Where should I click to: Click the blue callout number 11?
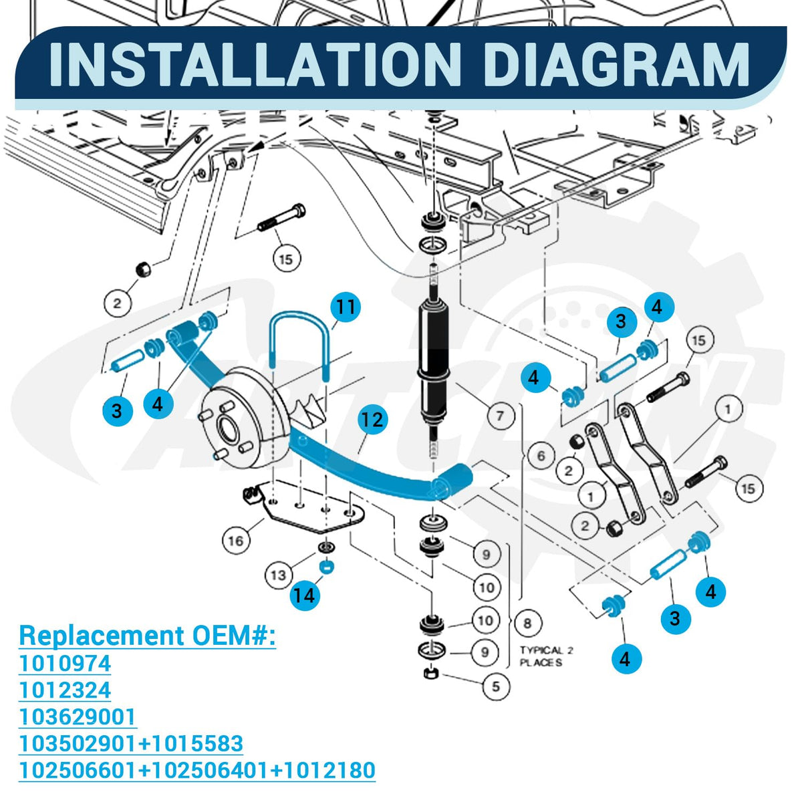click(346, 307)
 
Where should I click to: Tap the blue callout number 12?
click(372, 419)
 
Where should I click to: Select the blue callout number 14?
click(305, 595)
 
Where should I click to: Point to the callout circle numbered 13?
click(279, 575)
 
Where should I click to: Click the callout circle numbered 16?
click(235, 541)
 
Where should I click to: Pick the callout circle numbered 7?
click(500, 415)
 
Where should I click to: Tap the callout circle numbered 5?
click(496, 686)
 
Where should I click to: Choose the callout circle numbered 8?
click(527, 623)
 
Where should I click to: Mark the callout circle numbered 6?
click(541, 455)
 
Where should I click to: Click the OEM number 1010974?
click(65, 664)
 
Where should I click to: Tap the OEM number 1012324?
click(65, 690)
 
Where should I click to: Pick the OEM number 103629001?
click(78, 716)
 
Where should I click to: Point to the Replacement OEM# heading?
click(147, 636)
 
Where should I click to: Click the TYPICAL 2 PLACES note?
click(547, 656)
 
